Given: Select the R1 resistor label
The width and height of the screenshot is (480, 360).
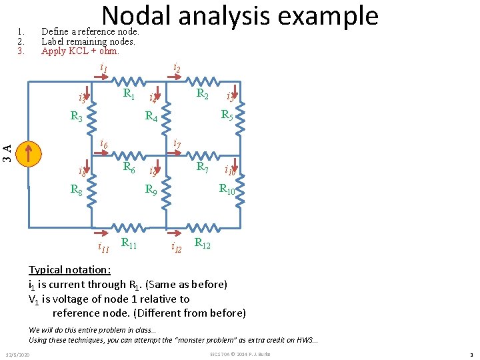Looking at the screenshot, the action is pyautogui.click(x=129, y=95).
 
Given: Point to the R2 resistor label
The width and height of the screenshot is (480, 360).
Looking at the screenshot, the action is pyautogui.click(x=202, y=95).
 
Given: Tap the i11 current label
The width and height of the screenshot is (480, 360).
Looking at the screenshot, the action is pyautogui.click(x=103, y=249).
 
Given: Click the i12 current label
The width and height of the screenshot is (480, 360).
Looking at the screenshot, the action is pyautogui.click(x=177, y=249).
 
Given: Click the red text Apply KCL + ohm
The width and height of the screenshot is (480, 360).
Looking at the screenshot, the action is pyautogui.click(x=80, y=51).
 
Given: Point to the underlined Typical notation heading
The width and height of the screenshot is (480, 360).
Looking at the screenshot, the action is pyautogui.click(x=70, y=270).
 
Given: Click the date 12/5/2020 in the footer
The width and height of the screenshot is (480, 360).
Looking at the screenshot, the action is pyautogui.click(x=21, y=353).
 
